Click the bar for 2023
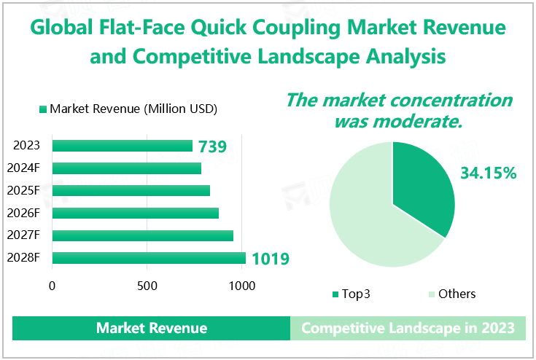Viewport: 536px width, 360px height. (123, 146)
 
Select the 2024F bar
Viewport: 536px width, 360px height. (127, 168)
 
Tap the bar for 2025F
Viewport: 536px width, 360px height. (131, 191)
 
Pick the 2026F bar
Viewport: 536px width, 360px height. (136, 214)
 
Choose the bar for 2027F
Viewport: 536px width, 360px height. (143, 235)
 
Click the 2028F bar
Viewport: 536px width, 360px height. (149, 258)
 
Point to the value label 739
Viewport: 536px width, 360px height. (212, 146)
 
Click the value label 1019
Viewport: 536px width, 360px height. (270, 259)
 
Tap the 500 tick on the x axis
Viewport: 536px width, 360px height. (147, 286)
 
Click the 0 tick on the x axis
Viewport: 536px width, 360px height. (53, 286)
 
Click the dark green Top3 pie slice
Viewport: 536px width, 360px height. (423, 186)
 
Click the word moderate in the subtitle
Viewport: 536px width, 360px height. (424, 121)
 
